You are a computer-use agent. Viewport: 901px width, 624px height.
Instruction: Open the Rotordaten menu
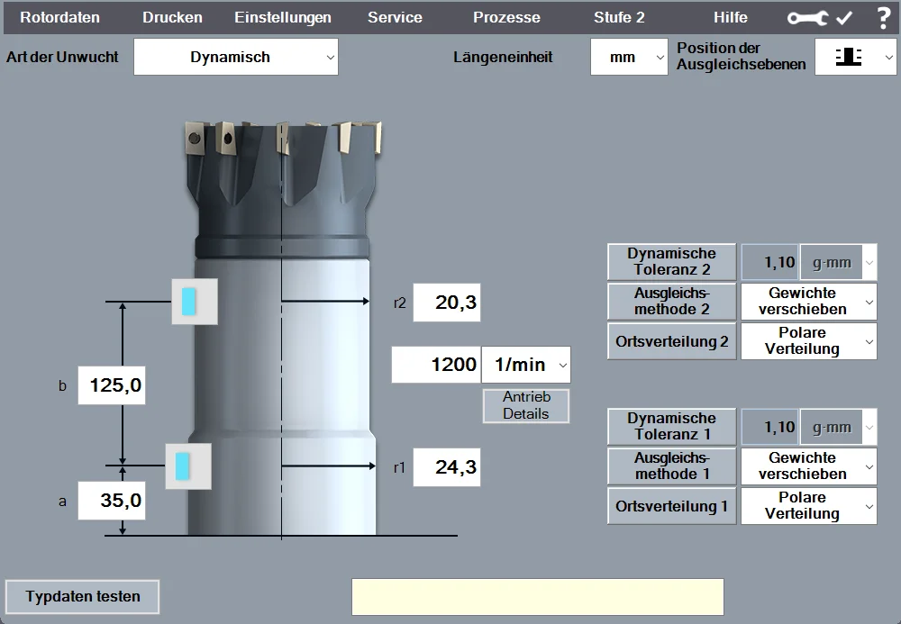[x=59, y=17]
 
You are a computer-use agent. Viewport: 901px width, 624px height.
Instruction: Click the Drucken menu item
[x=172, y=17]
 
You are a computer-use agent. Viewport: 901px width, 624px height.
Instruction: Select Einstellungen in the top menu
[x=283, y=17]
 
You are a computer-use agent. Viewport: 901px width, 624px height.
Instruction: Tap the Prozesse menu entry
[x=506, y=17]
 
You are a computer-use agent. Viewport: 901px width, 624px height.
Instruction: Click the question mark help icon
[x=884, y=18]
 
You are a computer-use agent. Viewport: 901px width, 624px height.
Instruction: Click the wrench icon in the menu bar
[x=807, y=18]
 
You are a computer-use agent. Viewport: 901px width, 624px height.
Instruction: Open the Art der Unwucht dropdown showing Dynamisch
[x=235, y=57]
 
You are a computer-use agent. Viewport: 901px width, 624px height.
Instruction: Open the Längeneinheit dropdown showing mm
[x=629, y=57]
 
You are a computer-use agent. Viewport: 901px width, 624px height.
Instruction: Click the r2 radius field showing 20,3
[x=447, y=302]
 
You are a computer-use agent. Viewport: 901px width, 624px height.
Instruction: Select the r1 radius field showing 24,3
[x=447, y=466]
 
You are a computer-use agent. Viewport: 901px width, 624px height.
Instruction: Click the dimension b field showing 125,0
[x=112, y=385]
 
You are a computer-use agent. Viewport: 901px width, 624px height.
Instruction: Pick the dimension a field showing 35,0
[x=112, y=501]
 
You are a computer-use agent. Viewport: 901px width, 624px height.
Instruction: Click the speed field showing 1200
[x=436, y=365]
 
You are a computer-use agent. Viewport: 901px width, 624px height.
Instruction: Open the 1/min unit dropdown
[x=526, y=365]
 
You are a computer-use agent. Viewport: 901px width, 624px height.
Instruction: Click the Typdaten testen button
[x=82, y=596]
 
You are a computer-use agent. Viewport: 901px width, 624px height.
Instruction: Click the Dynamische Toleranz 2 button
[x=672, y=262]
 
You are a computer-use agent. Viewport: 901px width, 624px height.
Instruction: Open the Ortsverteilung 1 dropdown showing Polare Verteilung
[x=809, y=506]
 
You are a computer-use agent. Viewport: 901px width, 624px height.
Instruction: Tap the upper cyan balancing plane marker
[x=189, y=302]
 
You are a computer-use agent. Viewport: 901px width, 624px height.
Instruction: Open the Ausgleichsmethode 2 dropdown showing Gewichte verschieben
[x=809, y=302]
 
